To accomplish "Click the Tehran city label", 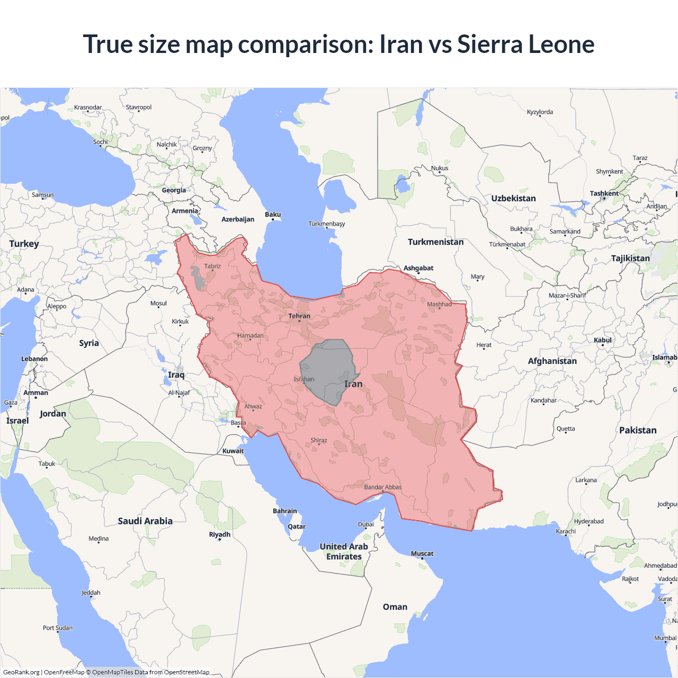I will click(299, 316).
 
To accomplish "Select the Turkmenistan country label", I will click(435, 242).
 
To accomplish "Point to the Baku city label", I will click(273, 215).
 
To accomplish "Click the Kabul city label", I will click(602, 340).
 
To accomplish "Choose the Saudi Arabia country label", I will click(145, 521).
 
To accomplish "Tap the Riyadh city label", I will click(219, 534).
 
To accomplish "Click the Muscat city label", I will click(422, 554).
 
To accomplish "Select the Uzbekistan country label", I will click(513, 199).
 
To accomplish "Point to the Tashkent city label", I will click(604, 193).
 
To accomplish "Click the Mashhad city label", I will click(439, 304).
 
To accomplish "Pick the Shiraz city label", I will click(318, 440).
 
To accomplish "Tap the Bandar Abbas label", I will click(383, 487).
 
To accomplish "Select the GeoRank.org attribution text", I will click(21, 672).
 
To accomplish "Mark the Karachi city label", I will click(566, 531).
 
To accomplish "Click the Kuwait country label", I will click(233, 451).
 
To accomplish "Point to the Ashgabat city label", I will click(418, 268).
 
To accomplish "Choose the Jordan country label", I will click(53, 414).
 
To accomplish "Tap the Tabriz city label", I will click(212, 266).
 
